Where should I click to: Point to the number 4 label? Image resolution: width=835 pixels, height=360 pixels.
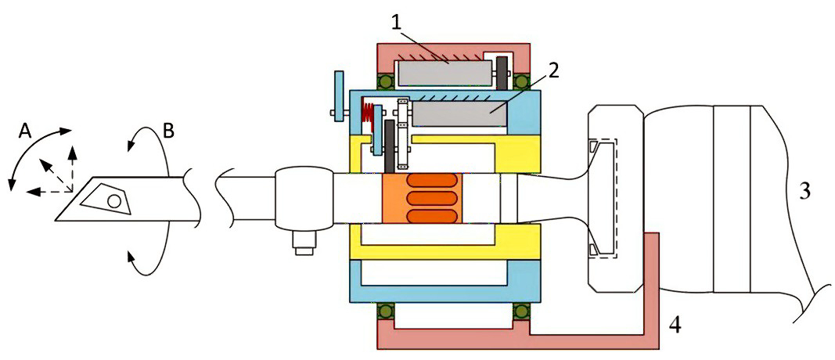point(674,322)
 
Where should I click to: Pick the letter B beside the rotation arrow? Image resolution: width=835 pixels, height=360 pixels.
point(167,128)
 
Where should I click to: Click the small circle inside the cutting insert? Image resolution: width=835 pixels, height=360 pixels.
point(114,200)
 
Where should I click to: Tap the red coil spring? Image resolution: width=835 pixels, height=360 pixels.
point(366,116)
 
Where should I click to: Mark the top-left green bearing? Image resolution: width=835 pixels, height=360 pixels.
point(384,81)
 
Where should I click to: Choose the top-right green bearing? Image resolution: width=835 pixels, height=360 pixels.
point(519,81)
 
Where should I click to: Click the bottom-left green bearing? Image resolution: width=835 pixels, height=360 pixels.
point(384,311)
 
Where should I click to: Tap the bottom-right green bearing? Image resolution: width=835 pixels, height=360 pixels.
point(519,311)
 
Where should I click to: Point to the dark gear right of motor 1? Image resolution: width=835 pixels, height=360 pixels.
point(500,75)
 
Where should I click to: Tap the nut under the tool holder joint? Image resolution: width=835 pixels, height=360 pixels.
point(299,245)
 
